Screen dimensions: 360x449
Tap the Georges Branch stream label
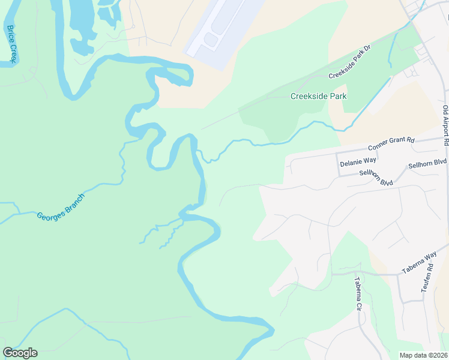60,208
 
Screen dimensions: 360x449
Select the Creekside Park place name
318,96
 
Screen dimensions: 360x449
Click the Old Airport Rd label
445,126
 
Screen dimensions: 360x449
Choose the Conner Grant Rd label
391,144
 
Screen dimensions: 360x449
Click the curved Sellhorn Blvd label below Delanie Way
376,178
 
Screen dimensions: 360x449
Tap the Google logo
20,353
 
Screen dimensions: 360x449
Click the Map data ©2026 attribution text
423,355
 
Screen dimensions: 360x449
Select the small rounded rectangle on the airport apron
211,40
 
